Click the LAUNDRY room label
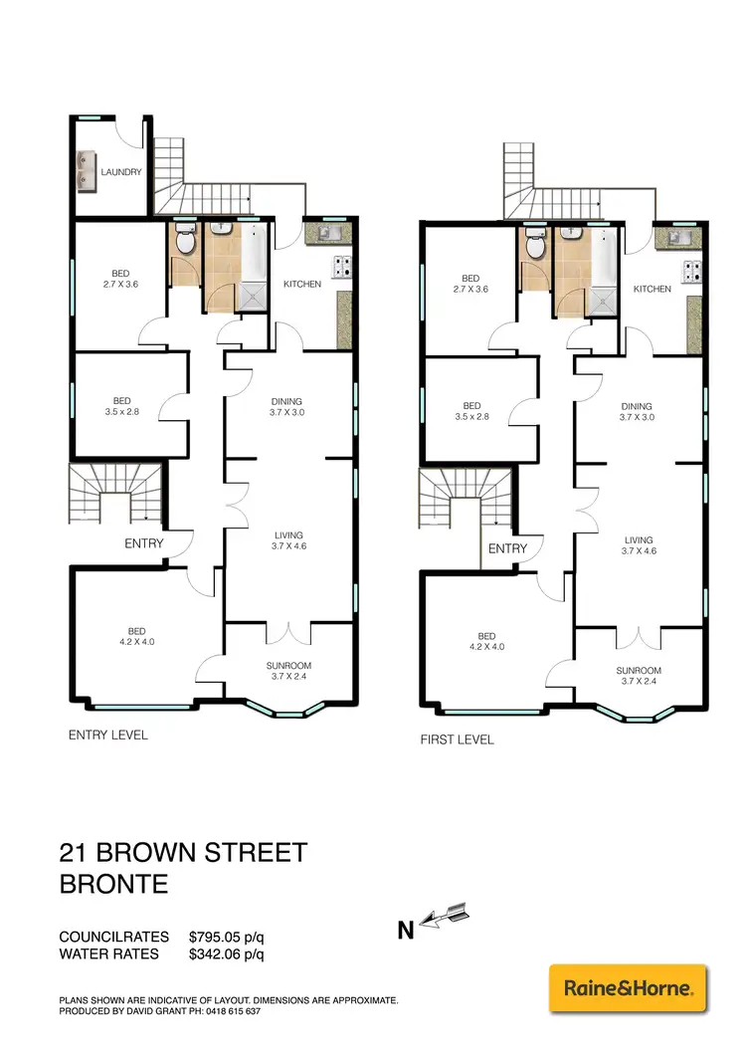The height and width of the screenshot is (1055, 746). (x=120, y=172)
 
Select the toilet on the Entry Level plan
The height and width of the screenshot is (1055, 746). (x=184, y=240)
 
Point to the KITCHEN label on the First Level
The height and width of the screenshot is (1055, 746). (x=653, y=289)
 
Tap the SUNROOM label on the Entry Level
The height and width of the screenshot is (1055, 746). (x=288, y=665)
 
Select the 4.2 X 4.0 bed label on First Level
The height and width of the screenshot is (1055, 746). (x=486, y=641)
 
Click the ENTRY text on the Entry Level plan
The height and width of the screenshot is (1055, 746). (x=143, y=543)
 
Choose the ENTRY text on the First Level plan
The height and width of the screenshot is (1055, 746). (x=507, y=548)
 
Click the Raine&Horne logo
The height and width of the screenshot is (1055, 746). (x=628, y=989)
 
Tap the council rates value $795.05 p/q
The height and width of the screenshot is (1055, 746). (x=226, y=937)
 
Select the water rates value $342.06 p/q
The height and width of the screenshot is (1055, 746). (x=226, y=955)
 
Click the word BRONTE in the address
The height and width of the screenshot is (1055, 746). (x=115, y=885)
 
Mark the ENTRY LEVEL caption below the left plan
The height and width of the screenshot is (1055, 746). (x=107, y=735)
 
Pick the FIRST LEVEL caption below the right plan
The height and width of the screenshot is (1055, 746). (x=459, y=739)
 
